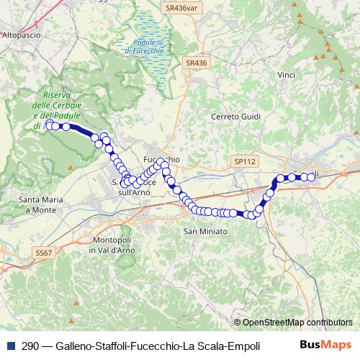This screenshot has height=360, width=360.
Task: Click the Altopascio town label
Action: point(20,34)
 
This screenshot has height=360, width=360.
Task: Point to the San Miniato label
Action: point(206,231)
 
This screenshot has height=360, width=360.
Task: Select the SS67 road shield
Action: point(43,253)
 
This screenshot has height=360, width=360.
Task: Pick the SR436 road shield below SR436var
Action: point(196,63)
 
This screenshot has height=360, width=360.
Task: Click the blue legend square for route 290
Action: point(11,346)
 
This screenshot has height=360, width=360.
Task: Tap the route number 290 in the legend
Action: point(31,346)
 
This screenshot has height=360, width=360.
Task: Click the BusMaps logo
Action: point(326,345)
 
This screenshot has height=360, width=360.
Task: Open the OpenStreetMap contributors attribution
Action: point(297,323)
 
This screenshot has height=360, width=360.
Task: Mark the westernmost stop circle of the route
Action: point(49,126)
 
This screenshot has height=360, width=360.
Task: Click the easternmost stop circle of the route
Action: point(312,176)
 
